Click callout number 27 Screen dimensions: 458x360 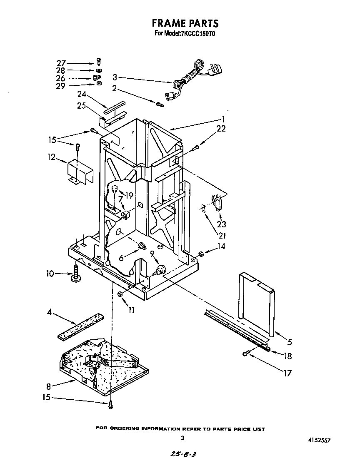(61, 63)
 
